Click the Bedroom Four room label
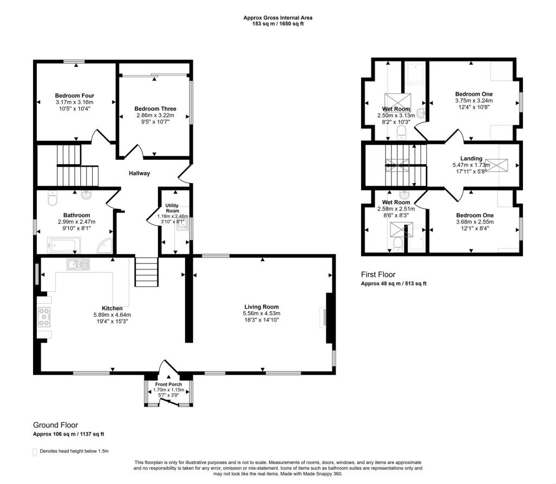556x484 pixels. (75, 96)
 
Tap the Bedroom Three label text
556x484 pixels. (155, 109)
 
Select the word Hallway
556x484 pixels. (139, 173)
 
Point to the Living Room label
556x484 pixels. (261, 307)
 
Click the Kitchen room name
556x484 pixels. (112, 308)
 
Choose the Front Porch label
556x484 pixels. (168, 384)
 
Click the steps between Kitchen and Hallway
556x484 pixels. (146, 273)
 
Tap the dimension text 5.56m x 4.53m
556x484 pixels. (261, 314)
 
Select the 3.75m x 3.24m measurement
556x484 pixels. (473, 100)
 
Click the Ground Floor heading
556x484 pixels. (55, 425)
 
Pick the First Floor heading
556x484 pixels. (378, 275)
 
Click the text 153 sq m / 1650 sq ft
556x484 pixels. (277, 24)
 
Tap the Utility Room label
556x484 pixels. (172, 208)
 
